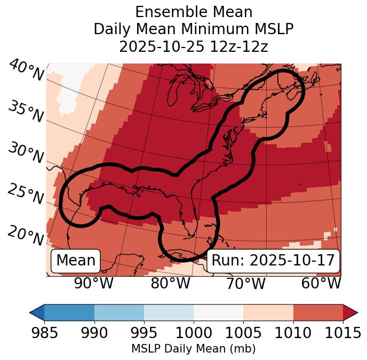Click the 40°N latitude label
26,71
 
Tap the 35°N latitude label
26,112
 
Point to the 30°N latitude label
26,153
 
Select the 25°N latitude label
26,194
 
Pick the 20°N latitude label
26,235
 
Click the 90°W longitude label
93,284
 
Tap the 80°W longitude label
170,284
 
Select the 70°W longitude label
245,284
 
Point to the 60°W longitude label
321,284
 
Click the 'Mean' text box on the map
76,261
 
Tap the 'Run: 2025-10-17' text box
273,261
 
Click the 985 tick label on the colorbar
44,333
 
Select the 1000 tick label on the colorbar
194,333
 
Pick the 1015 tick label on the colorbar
342,333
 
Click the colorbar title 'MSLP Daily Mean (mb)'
194,349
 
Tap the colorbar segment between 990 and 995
119,312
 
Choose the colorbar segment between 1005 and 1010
268,312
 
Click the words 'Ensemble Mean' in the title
194,12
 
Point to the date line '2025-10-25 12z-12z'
194,46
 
